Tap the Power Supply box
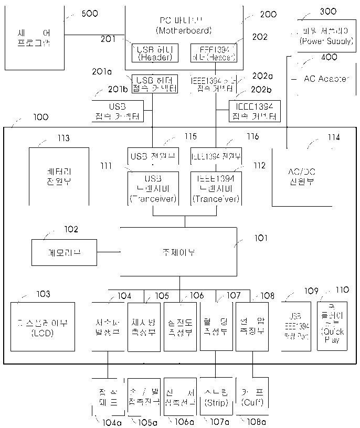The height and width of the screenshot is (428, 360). pyautogui.click(x=325, y=36)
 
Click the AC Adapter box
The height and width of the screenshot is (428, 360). pyautogui.click(x=326, y=79)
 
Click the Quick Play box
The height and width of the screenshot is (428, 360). pyautogui.click(x=332, y=325)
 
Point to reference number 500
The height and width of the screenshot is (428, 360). pyautogui.click(x=90, y=14)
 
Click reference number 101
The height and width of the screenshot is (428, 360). pyautogui.click(x=261, y=238)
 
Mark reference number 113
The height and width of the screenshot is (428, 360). pyautogui.click(x=63, y=138)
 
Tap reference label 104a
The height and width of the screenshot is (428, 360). pyautogui.click(x=109, y=422)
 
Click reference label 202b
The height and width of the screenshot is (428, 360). pyautogui.click(x=261, y=90)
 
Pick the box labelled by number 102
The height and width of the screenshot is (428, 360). pyautogui.click(x=64, y=253)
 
